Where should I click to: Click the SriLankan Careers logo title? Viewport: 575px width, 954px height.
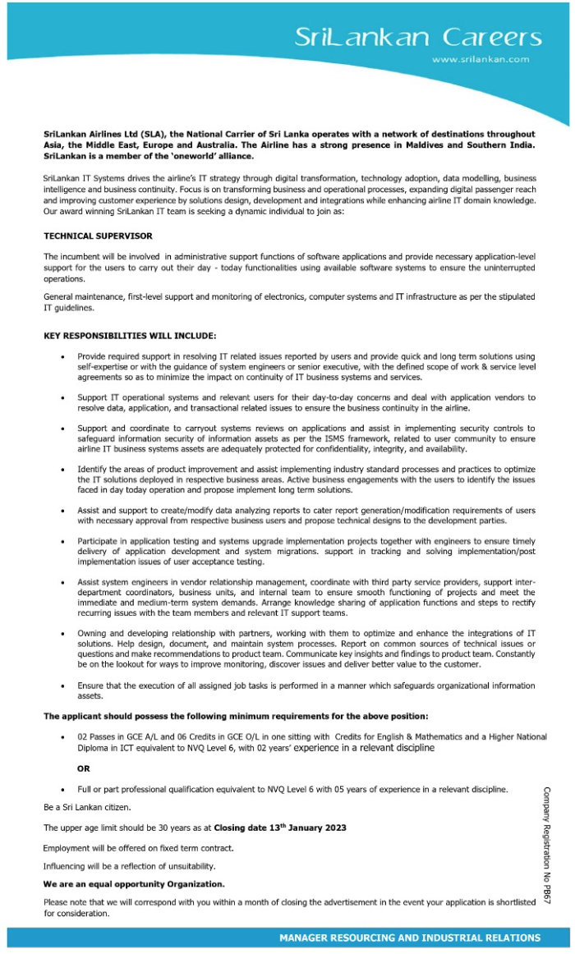418,37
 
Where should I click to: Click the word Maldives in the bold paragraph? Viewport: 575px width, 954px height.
429,145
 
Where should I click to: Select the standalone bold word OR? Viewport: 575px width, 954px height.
83,768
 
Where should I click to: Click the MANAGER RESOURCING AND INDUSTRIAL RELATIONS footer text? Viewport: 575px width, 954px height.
409,938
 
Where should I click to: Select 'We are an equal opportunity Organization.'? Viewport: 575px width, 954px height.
133,884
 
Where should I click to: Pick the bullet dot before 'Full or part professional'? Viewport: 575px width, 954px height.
63,790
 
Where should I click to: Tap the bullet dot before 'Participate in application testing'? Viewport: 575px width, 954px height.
63,541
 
